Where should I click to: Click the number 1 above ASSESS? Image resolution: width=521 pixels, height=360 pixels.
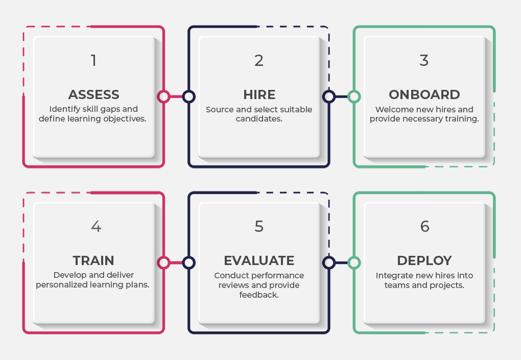pyautogui.click(x=93, y=61)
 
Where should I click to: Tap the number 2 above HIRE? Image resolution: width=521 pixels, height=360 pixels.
pyautogui.click(x=259, y=61)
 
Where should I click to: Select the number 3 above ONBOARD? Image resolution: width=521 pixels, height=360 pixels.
pyautogui.click(x=424, y=60)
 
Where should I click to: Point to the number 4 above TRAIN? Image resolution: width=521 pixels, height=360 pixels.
pyautogui.click(x=96, y=226)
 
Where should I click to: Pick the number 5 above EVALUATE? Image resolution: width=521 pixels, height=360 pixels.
pyautogui.click(x=259, y=226)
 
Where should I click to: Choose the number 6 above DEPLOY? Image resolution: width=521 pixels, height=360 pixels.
pyautogui.click(x=424, y=226)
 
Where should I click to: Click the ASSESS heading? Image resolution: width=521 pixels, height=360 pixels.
pyautogui.click(x=94, y=94)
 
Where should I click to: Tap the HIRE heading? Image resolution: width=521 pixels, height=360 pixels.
pyautogui.click(x=259, y=94)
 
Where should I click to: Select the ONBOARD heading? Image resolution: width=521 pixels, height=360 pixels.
pyautogui.click(x=424, y=94)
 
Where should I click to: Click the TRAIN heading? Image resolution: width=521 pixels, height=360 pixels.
pyautogui.click(x=93, y=260)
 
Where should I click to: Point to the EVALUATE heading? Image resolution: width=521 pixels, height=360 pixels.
pyautogui.click(x=259, y=260)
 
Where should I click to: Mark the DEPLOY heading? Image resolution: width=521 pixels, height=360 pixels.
pyautogui.click(x=424, y=260)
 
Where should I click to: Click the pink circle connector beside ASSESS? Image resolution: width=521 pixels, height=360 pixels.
pyautogui.click(x=163, y=97)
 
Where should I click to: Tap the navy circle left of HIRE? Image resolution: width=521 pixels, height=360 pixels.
pyautogui.click(x=189, y=97)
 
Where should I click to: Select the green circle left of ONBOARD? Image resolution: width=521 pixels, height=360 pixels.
pyautogui.click(x=354, y=97)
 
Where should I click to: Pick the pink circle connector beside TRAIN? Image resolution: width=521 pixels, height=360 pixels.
pyautogui.click(x=163, y=262)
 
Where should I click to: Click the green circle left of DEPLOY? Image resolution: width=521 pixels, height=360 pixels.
pyautogui.click(x=354, y=262)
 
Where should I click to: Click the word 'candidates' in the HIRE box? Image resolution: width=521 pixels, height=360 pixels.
pyautogui.click(x=258, y=119)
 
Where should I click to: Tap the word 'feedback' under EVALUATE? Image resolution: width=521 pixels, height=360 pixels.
pyautogui.click(x=258, y=295)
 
